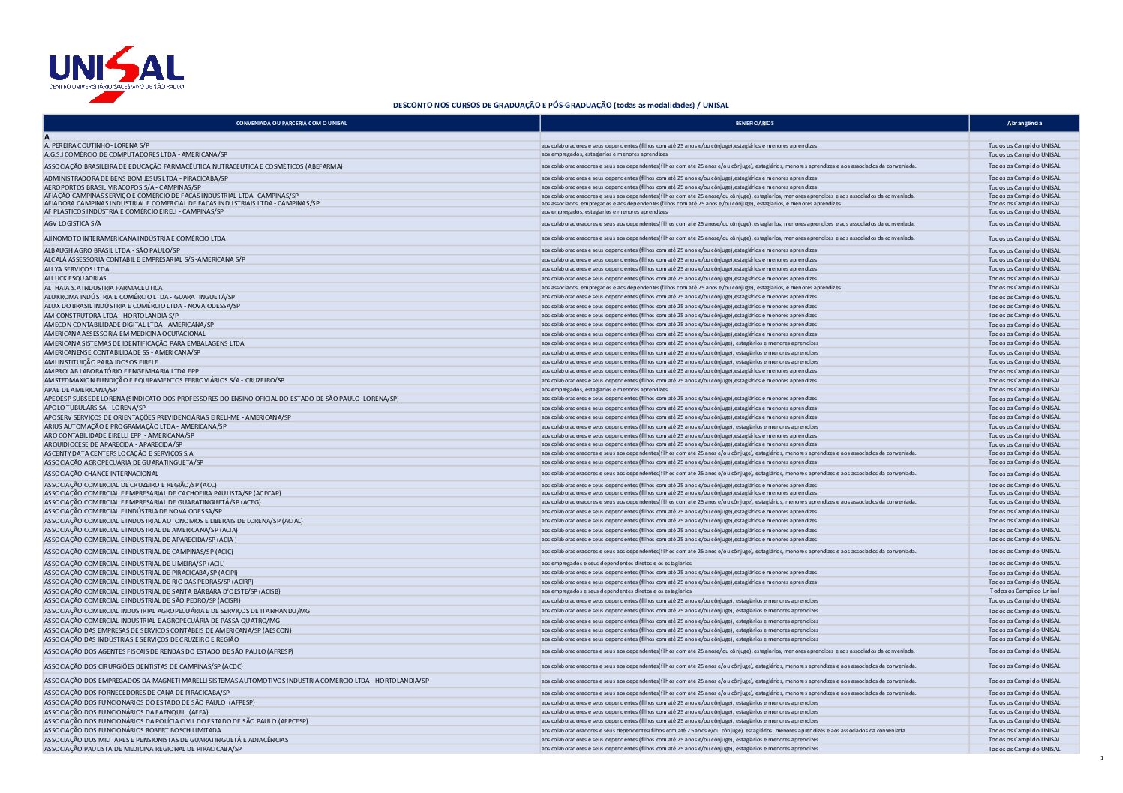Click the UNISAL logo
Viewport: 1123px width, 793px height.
point(116,73)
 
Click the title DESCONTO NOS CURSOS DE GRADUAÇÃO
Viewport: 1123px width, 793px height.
point(560,106)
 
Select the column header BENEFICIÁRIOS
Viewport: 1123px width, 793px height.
point(754,123)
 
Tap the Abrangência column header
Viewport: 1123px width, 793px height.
point(1024,123)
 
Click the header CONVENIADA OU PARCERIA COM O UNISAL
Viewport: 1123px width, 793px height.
point(291,123)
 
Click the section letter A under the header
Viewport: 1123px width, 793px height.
point(47,137)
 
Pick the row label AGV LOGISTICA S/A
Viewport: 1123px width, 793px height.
point(73,223)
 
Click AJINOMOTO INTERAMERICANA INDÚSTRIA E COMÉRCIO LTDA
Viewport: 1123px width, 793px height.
point(134,238)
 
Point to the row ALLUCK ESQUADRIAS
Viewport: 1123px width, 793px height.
point(75,278)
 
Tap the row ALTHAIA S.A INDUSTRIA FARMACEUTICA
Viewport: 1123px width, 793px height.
point(103,288)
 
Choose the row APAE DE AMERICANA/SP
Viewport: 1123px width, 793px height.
point(80,390)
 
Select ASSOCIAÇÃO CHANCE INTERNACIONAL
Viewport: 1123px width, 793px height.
point(101,474)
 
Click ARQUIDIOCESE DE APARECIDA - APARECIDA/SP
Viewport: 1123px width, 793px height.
point(113,444)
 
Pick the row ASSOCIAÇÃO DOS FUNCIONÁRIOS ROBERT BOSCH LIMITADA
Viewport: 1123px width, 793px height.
point(133,730)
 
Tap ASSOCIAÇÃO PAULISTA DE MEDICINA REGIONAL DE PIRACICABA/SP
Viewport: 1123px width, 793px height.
point(143,749)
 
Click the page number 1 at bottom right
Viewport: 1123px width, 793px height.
point(1101,759)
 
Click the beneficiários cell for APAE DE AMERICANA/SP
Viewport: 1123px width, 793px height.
point(604,390)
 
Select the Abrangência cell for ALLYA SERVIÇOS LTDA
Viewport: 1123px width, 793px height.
point(1024,269)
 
